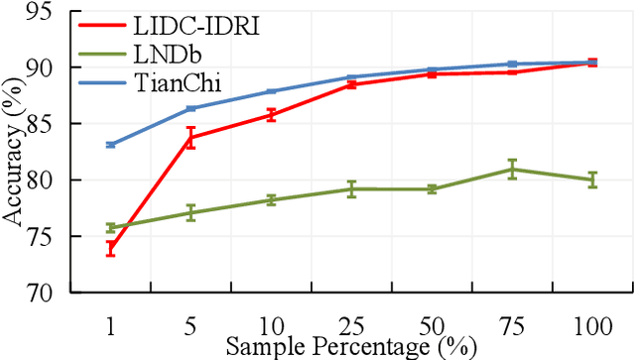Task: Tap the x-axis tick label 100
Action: [x=592, y=323]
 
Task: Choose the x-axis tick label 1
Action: [x=111, y=323]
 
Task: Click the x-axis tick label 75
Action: [x=512, y=323]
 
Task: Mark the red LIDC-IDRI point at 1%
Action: [x=111, y=249]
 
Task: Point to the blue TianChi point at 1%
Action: [x=111, y=145]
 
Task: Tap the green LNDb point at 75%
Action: [x=512, y=170]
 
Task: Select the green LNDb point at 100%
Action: [x=592, y=180]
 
